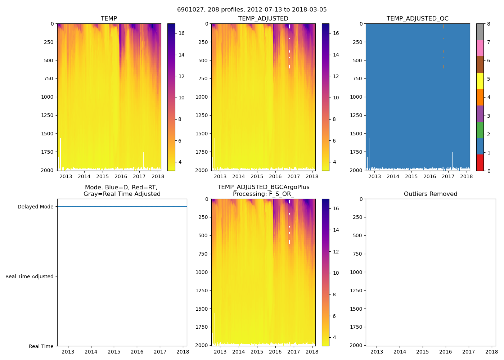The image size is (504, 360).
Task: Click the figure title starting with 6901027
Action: [252, 10]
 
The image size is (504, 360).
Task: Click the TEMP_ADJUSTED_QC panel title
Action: [417, 19]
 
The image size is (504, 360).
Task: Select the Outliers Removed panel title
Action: [430, 194]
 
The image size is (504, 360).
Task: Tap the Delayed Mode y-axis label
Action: [35, 207]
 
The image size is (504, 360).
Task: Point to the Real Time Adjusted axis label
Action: [29, 276]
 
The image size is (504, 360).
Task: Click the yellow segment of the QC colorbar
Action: [480, 81]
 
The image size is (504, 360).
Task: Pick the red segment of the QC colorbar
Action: [480, 162]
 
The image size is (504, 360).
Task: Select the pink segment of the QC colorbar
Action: [480, 48]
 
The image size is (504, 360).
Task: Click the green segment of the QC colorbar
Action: [480, 130]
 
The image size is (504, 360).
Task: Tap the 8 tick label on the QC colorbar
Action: [489, 24]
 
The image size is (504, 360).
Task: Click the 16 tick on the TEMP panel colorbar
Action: [181, 33]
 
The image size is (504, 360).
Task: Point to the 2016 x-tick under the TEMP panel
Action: [121, 176]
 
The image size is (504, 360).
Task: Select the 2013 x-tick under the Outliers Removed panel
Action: [377, 352]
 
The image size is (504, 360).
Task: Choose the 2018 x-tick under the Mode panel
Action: [183, 352]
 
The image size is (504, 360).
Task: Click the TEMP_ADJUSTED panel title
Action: [263, 19]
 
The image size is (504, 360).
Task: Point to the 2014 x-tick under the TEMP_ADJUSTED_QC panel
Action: [393, 176]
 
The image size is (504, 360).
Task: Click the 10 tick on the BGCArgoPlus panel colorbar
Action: [336, 273]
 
